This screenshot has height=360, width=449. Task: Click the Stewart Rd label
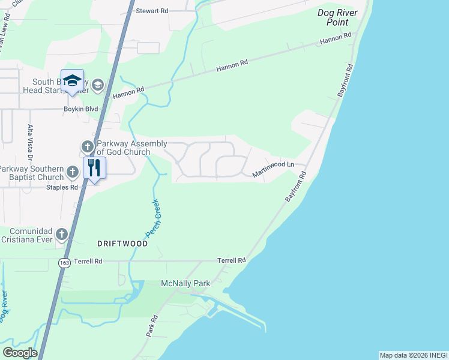point(151,11)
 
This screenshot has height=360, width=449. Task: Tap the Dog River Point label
point(337,17)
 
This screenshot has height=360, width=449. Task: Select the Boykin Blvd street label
point(81,109)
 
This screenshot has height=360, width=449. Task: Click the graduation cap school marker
point(72,82)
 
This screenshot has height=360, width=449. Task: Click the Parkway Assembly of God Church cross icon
point(87,146)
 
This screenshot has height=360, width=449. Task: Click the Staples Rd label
point(62,187)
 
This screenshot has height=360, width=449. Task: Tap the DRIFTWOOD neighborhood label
point(122,244)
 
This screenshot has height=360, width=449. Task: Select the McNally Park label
point(184,283)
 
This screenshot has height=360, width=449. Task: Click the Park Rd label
point(152,326)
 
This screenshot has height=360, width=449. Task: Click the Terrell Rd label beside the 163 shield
point(88,261)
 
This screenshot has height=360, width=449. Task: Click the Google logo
point(20,353)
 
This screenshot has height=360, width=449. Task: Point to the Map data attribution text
point(414,355)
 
